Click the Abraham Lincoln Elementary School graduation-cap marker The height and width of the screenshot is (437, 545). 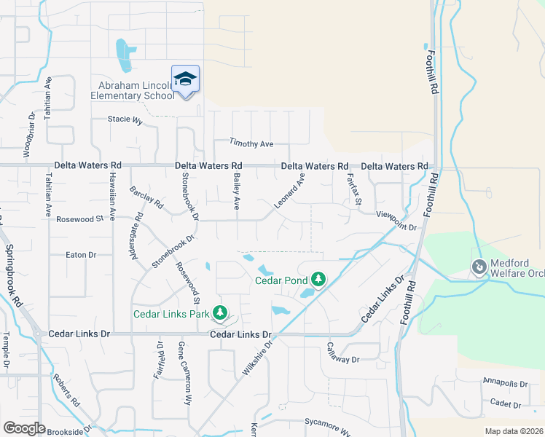185,79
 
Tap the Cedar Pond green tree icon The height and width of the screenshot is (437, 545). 318,278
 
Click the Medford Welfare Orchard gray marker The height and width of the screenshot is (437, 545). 479,267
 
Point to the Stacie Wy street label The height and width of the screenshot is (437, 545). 125,119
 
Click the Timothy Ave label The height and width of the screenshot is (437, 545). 251,143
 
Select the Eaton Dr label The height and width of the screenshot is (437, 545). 81,255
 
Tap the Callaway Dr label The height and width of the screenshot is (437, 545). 342,353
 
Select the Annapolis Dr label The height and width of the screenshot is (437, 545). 505,382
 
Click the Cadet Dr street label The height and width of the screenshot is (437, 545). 505,404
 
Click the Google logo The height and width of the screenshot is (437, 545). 24,428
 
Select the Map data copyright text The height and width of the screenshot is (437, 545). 513,431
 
